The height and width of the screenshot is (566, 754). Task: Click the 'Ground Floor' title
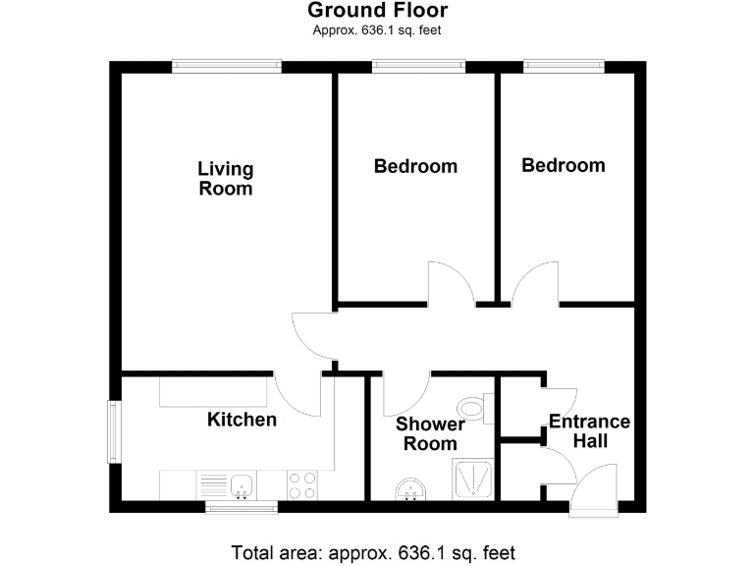coord(377,11)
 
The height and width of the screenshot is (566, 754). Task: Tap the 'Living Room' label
coord(226,179)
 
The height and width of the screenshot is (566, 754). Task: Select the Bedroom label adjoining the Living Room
coord(415,166)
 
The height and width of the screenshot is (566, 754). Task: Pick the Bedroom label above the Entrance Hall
coord(563,165)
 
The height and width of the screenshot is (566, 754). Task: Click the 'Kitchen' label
coord(242,420)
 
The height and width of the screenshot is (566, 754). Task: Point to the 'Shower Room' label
coord(430,434)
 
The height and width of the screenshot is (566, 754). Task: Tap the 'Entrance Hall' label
coord(589,431)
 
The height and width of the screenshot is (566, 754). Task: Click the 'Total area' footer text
coord(372,551)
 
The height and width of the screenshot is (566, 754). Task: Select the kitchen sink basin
coord(242,484)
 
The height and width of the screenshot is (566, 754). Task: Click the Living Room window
coord(227,66)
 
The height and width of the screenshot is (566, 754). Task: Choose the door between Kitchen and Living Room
coord(296,392)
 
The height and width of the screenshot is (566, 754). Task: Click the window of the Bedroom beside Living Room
coord(417,66)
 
